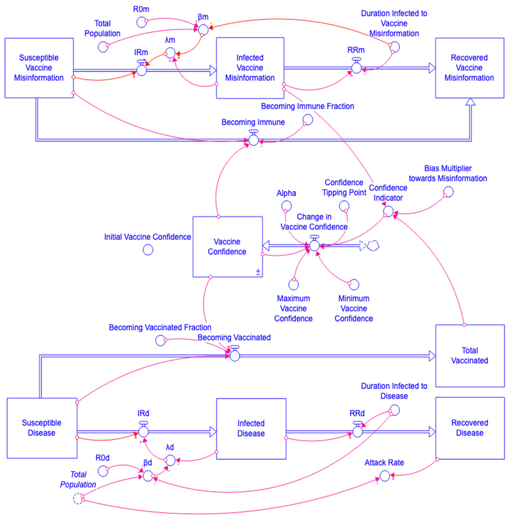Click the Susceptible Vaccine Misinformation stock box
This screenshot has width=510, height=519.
pyautogui.click(x=39, y=68)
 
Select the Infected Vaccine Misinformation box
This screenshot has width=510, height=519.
pyautogui.click(x=250, y=68)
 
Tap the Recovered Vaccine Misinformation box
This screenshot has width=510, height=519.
pyautogui.click(x=469, y=68)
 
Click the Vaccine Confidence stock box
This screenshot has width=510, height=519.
pyautogui.click(x=227, y=247)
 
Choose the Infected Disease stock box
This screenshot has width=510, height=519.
pyautogui.click(x=251, y=429)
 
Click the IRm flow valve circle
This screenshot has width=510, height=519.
pyautogui.click(x=141, y=70)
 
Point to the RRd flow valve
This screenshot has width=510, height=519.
pyautogui.click(x=357, y=432)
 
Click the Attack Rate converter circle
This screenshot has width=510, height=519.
pyautogui.click(x=385, y=476)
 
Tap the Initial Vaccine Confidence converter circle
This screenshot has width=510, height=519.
pyautogui.click(x=148, y=250)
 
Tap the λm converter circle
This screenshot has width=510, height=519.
pyautogui.click(x=170, y=53)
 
